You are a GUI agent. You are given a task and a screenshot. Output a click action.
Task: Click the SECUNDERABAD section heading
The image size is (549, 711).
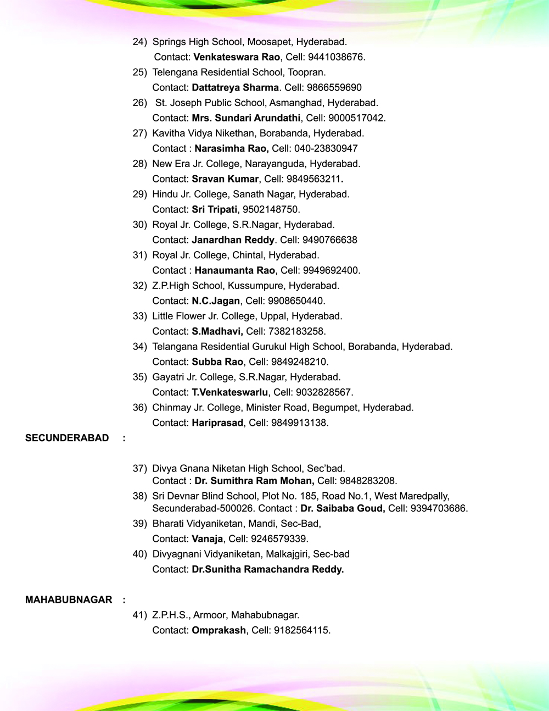67,438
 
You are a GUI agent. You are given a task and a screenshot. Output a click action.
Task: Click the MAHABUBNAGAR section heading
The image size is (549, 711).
69,599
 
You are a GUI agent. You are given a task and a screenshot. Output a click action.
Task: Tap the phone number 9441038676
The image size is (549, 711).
335,57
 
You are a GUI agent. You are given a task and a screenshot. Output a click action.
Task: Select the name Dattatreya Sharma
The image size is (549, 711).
235,87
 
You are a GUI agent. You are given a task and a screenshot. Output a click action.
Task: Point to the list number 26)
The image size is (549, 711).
140,103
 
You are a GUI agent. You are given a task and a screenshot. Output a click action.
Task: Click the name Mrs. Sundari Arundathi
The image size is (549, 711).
246,118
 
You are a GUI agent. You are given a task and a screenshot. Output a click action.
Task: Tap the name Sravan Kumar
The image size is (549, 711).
225,179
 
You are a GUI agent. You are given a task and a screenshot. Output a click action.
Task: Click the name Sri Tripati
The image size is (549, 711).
214,209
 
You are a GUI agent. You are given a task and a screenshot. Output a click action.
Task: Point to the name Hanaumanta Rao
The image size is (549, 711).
234,270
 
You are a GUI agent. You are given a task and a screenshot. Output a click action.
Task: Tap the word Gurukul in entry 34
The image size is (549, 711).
272,347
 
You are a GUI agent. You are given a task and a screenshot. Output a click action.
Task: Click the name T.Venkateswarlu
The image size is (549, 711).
229,392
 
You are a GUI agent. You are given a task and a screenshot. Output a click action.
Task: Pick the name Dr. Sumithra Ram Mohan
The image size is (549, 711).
254,481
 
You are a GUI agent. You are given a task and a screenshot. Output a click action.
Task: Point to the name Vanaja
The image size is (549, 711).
207,539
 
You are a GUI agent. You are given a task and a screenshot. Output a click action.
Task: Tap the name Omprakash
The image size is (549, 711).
219,630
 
